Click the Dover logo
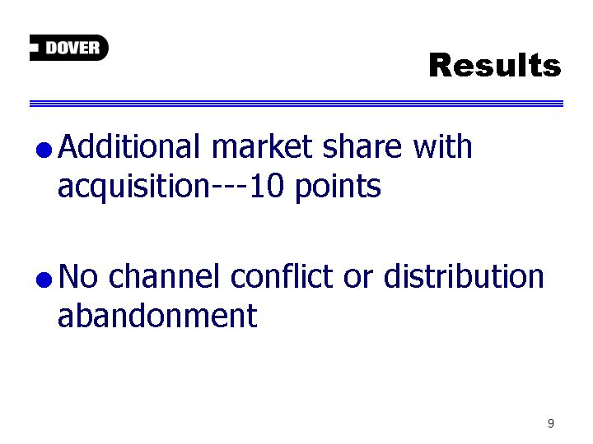tap(69, 48)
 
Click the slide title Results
tap(495, 65)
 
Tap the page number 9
tap(551, 423)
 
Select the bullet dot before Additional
tap(44, 150)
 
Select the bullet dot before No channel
tap(44, 280)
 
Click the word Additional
tap(128, 146)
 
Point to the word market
tap(262, 146)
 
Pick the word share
tap(362, 146)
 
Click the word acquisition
tap(133, 187)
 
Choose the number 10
tap(267, 186)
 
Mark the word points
tap(338, 187)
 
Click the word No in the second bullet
tap(78, 276)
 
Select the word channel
tap(164, 276)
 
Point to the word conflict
tap(282, 276)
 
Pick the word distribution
tap(464, 276)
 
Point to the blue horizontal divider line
tap(296, 104)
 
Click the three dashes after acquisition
tap(229, 187)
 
